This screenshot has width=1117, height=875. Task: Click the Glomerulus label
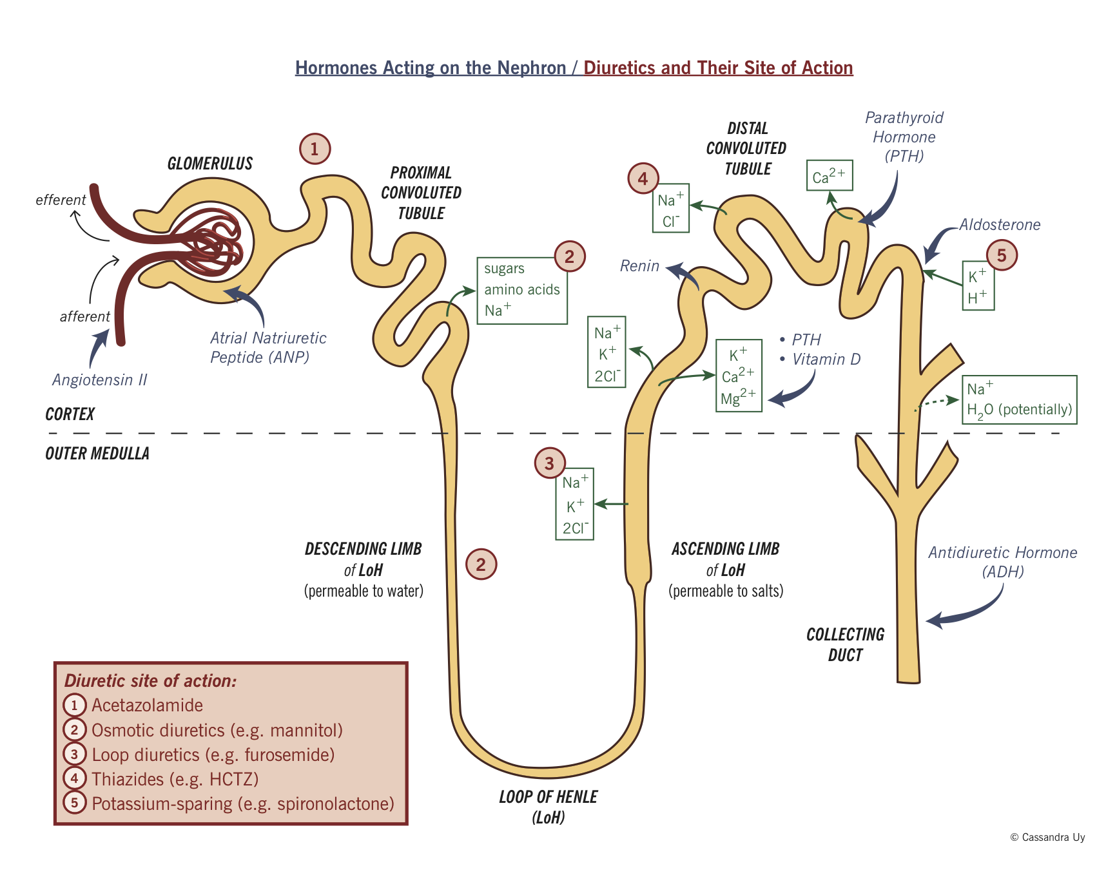click(x=209, y=164)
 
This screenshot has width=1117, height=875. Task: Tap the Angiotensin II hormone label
click(x=100, y=380)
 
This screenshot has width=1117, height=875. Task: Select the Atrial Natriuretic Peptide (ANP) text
click(x=267, y=347)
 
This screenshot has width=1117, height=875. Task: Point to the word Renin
click(x=639, y=266)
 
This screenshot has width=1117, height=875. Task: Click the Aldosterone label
click(x=1000, y=225)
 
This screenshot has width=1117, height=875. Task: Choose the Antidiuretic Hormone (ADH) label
click(x=1002, y=562)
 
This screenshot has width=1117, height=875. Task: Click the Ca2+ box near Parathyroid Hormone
click(x=830, y=176)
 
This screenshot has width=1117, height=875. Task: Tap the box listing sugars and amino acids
click(x=522, y=291)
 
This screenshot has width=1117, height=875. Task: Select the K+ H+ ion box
click(x=978, y=286)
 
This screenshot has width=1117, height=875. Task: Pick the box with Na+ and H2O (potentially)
click(x=1019, y=399)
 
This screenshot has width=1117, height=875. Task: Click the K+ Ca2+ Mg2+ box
click(x=739, y=376)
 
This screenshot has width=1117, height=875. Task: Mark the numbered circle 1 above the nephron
click(x=315, y=149)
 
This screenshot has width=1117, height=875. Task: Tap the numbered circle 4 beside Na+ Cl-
click(x=643, y=178)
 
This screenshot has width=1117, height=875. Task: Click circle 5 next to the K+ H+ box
click(x=1002, y=255)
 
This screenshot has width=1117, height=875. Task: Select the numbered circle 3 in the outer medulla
click(x=550, y=463)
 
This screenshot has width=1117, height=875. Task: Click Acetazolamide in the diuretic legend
click(x=147, y=706)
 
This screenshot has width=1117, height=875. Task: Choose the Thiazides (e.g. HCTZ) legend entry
click(x=175, y=780)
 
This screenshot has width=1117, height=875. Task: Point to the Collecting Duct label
click(x=845, y=644)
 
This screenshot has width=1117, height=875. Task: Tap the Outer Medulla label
click(x=97, y=454)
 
